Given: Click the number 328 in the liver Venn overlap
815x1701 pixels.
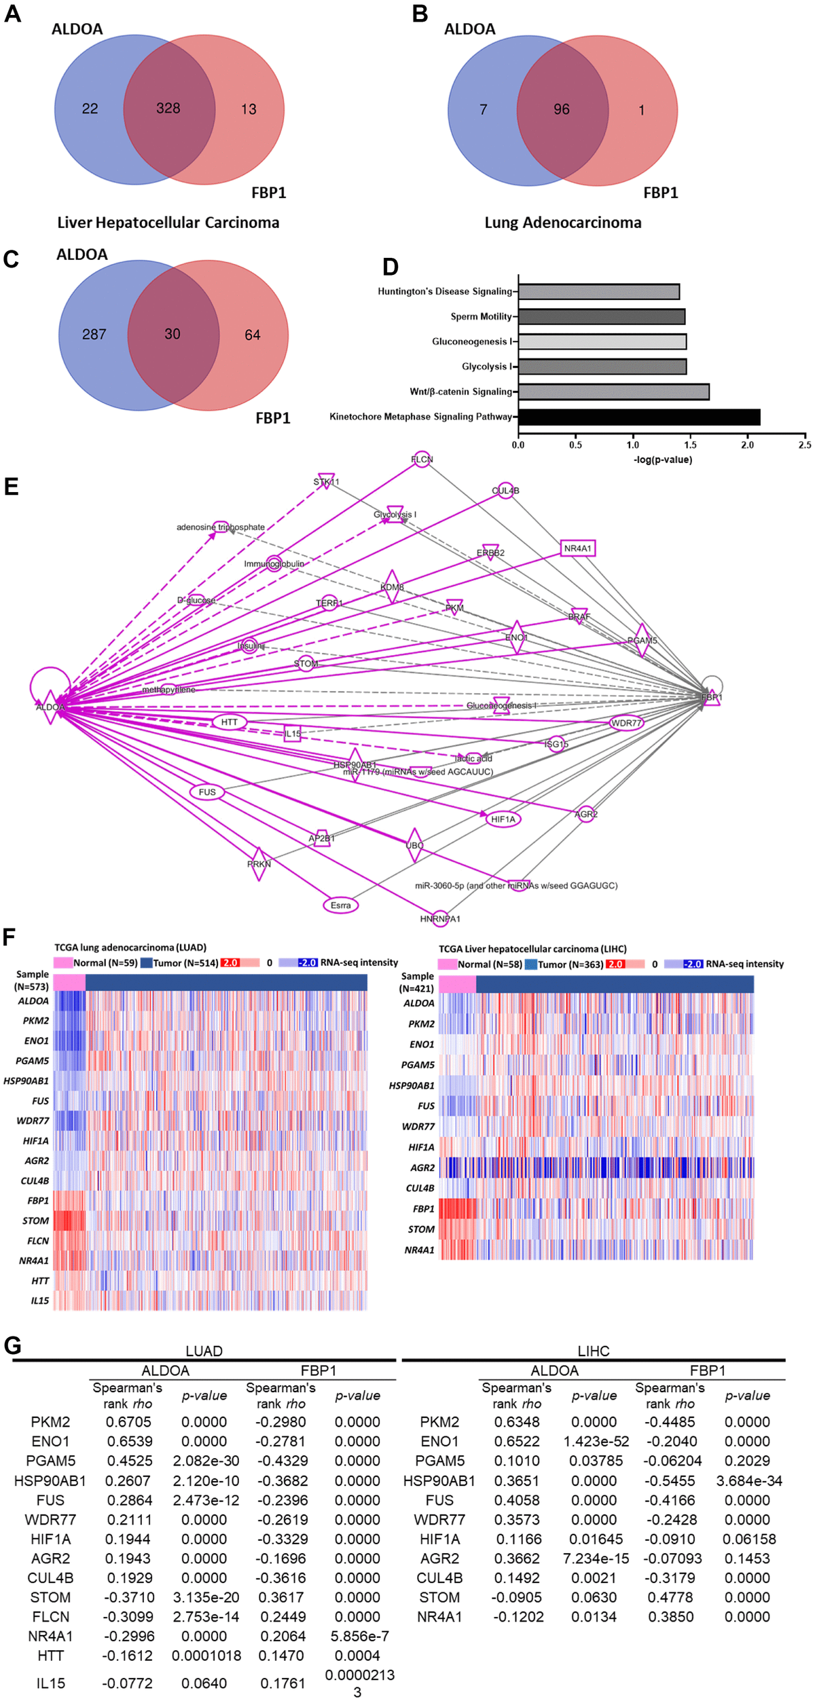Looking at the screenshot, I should (x=168, y=109).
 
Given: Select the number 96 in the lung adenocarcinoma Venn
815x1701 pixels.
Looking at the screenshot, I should (x=561, y=109).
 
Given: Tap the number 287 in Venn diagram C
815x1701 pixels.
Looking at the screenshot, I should (x=94, y=334).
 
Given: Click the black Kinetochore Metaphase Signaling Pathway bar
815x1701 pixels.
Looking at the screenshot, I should (x=638, y=417).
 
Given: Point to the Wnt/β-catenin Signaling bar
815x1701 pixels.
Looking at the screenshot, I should (x=613, y=392).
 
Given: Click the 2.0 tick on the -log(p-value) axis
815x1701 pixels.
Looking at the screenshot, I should (x=747, y=445).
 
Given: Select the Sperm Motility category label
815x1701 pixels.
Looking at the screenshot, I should (x=481, y=316).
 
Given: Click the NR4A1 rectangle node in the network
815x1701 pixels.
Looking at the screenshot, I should (x=578, y=548).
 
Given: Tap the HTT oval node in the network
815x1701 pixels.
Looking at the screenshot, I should (x=230, y=722).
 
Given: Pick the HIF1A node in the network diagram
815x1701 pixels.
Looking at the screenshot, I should (x=503, y=819).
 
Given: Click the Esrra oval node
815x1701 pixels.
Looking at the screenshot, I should (x=340, y=905).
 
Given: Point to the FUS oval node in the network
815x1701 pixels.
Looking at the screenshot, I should (x=207, y=792).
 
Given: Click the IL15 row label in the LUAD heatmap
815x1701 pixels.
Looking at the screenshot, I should (x=39, y=1301).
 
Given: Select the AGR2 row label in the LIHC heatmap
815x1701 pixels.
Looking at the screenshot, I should (x=422, y=1167).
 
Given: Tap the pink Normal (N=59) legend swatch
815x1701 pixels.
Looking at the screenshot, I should (x=62, y=962).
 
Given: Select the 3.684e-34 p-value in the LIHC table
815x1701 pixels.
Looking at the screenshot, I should (x=748, y=1480).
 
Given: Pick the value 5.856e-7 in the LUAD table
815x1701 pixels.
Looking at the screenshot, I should (x=357, y=1637).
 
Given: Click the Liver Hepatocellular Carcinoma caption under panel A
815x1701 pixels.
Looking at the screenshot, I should (x=168, y=223).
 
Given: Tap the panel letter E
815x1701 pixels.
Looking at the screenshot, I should (x=11, y=487).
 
